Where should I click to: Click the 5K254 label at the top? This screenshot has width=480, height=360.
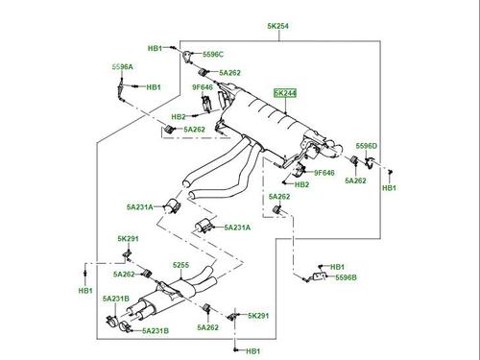tap(277, 26)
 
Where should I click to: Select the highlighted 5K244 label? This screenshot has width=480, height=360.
tap(285, 93)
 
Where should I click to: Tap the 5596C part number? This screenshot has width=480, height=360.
tap(213, 55)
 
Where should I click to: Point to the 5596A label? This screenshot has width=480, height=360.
tap(122, 67)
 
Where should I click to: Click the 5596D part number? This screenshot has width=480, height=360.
tap(367, 146)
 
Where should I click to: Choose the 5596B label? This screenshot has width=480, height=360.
tap(346, 277)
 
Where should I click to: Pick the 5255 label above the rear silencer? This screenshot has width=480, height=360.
tap(180, 265)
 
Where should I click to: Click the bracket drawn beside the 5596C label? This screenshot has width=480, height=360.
tap(188, 57)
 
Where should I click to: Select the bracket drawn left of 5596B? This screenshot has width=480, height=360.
tap(319, 276)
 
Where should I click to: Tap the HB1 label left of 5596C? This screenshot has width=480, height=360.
tap(155, 48)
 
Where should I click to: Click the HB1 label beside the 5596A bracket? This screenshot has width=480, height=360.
tap(154, 87)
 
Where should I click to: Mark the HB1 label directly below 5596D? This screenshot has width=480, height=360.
tap(389, 188)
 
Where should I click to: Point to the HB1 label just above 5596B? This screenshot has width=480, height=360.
tap(337, 267)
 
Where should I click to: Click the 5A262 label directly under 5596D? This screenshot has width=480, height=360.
tap(355, 180)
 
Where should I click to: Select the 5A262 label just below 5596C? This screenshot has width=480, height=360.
tap(229, 73)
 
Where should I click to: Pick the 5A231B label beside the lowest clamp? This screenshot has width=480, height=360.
tap(156, 331)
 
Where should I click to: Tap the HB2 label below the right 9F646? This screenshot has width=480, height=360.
tap(301, 184)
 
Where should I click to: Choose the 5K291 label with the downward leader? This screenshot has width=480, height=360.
tap(128, 239)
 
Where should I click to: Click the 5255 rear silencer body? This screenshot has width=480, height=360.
tap(166, 296)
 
